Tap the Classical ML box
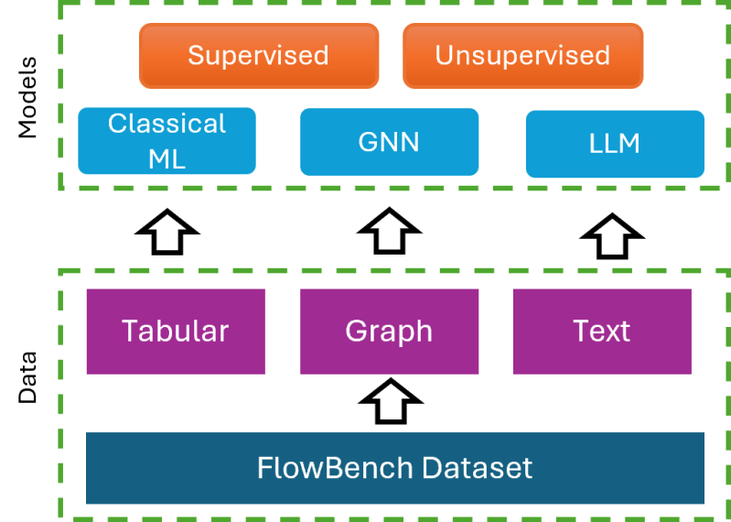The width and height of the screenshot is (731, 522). pyautogui.click(x=167, y=141)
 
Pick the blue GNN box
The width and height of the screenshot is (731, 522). pyautogui.click(x=389, y=142)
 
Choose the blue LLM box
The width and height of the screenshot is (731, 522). pyautogui.click(x=615, y=144)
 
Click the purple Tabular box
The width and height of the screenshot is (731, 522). pyautogui.click(x=176, y=331)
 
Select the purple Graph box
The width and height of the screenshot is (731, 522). pyautogui.click(x=389, y=331)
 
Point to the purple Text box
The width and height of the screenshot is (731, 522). pyautogui.click(x=601, y=331)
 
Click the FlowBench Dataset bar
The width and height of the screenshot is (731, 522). pyautogui.click(x=394, y=468)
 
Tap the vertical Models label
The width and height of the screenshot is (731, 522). pyautogui.click(x=28, y=97)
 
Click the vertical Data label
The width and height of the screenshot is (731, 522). pyautogui.click(x=28, y=376)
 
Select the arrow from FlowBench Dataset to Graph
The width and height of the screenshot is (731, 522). pyautogui.click(x=391, y=402)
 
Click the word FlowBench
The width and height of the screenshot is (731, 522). pyautogui.click(x=336, y=468)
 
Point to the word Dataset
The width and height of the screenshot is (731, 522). pyautogui.click(x=478, y=468)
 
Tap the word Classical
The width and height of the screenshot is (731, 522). pyautogui.click(x=167, y=124)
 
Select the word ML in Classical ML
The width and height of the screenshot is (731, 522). pyautogui.click(x=167, y=158)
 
